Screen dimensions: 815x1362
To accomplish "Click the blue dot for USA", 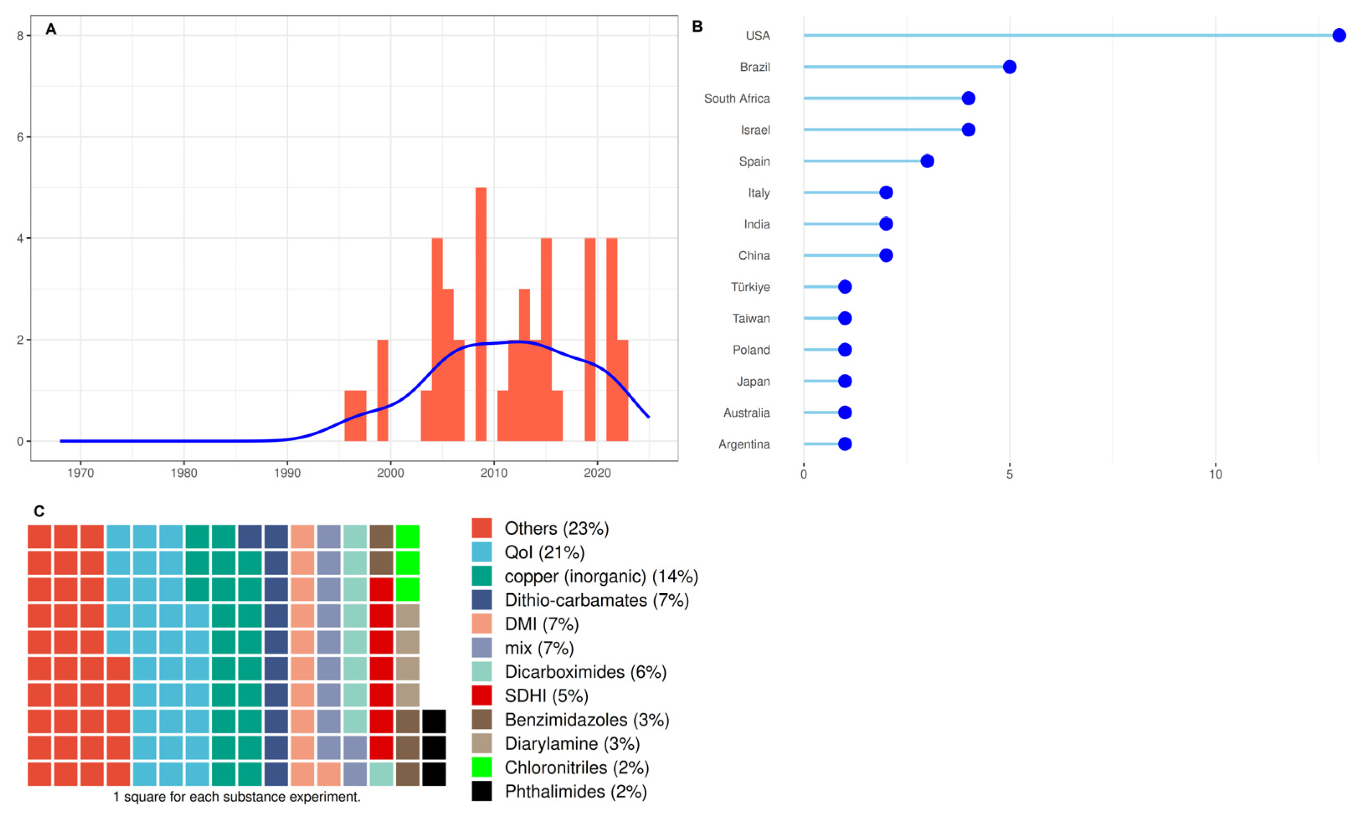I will (1339, 36).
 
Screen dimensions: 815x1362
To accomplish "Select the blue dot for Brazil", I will (1009, 67).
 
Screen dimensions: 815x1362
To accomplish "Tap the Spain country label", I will (754, 161).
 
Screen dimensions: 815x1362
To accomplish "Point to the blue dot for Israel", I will (968, 130).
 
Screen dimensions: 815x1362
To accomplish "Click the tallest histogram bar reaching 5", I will (480, 313).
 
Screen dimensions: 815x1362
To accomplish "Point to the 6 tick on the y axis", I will (21, 137).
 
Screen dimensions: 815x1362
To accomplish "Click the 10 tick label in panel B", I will (1216, 474).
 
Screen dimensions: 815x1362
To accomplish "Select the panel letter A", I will (51, 30).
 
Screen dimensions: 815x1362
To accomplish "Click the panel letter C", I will (38, 511).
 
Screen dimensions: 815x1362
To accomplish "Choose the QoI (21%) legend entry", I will (544, 553).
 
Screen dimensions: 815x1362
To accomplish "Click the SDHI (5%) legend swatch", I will (482, 696).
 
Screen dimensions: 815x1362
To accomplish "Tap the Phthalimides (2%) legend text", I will (576, 792).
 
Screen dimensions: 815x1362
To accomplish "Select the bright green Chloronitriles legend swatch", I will (482, 768).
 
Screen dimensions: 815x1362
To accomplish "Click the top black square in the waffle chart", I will (434, 722).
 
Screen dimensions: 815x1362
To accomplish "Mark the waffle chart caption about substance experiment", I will (237, 797).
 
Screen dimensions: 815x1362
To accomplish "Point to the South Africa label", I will (736, 99).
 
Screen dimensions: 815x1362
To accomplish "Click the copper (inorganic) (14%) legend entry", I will (601, 577).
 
